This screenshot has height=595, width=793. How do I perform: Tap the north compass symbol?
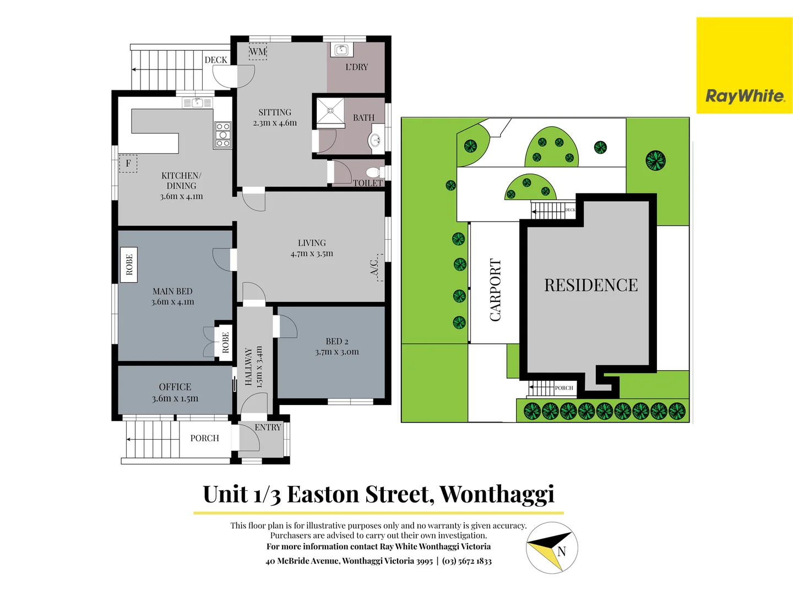(x=551, y=548)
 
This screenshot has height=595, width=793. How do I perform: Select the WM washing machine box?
(x=258, y=51)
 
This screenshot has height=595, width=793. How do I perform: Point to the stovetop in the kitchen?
(x=222, y=135)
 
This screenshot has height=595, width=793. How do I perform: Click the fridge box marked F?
(x=128, y=164)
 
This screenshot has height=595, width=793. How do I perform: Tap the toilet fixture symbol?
(x=374, y=171)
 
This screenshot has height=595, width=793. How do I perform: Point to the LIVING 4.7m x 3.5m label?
(x=312, y=248)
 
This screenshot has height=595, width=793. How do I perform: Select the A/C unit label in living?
(x=375, y=268)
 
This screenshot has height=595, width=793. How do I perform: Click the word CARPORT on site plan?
(x=495, y=290)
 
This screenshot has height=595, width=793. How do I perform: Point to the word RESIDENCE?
(x=591, y=285)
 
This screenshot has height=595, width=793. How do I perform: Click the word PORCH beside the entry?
(x=204, y=438)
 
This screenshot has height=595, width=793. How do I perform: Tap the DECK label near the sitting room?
(x=215, y=60)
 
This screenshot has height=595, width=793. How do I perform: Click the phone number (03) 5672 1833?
(x=467, y=561)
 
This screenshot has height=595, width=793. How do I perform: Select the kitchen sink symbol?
(x=197, y=102)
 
